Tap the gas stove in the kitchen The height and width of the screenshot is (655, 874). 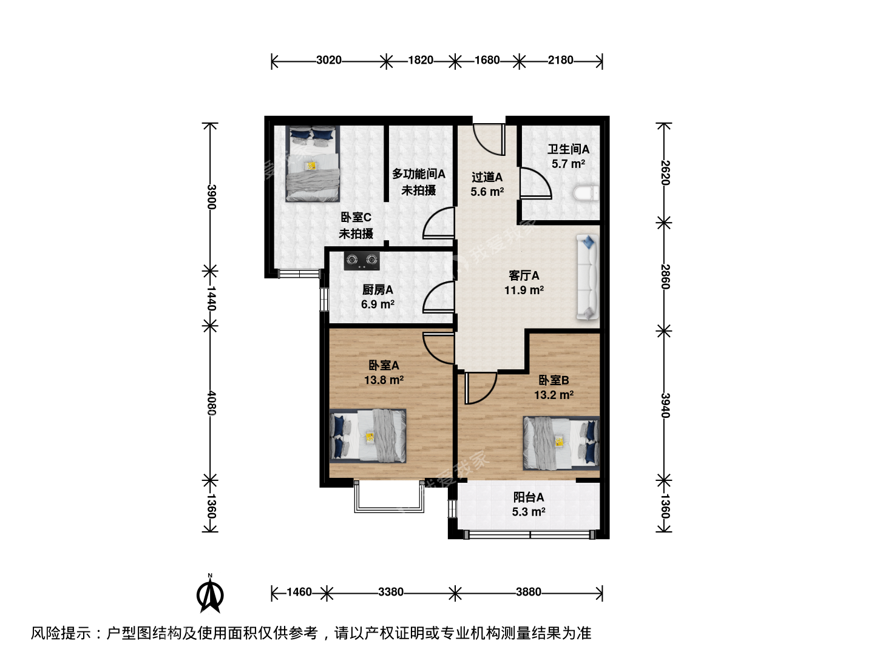(x=362, y=261)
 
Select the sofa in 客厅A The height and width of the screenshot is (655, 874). (x=588, y=277)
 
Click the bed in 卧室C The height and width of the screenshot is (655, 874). (x=313, y=164)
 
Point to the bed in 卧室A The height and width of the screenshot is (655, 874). (x=368, y=436)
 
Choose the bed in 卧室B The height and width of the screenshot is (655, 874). (x=561, y=443)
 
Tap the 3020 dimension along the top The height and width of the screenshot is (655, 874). (x=329, y=60)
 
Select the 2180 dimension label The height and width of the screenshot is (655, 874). (x=561, y=60)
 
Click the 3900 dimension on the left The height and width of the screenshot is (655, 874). (x=211, y=197)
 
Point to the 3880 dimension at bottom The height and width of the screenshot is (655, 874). (x=529, y=592)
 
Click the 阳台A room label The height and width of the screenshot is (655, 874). (x=529, y=497)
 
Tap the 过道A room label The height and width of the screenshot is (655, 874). (x=487, y=177)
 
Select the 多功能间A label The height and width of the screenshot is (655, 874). (x=418, y=174)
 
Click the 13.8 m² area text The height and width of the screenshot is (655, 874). (x=384, y=380)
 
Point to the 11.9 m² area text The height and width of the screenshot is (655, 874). (x=524, y=291)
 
